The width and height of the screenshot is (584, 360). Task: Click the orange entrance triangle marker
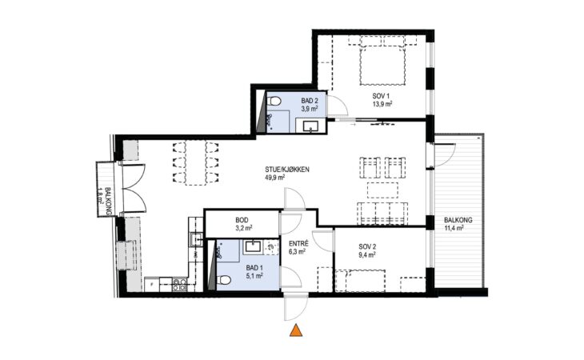(296, 330)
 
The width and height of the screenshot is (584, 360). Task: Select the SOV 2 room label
(367, 246)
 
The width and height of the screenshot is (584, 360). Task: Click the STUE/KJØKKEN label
(287, 170)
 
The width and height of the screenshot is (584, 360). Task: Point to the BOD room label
(242, 220)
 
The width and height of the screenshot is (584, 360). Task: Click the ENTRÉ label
(298, 244)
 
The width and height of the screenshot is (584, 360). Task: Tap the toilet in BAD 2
(274, 101)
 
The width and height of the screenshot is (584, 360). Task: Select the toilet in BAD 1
(223, 280)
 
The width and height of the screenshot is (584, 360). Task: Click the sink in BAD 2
(310, 126)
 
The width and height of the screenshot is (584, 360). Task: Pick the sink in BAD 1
(253, 247)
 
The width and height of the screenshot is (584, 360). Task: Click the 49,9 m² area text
(275, 178)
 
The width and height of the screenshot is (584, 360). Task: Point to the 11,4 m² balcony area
(454, 228)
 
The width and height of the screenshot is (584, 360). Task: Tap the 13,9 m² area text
(382, 104)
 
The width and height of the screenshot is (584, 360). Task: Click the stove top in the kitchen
(179, 285)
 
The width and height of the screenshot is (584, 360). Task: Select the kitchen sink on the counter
(195, 239)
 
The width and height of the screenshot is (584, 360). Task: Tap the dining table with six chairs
(196, 162)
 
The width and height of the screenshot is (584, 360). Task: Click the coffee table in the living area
(382, 190)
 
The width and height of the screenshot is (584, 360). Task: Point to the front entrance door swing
(296, 306)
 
